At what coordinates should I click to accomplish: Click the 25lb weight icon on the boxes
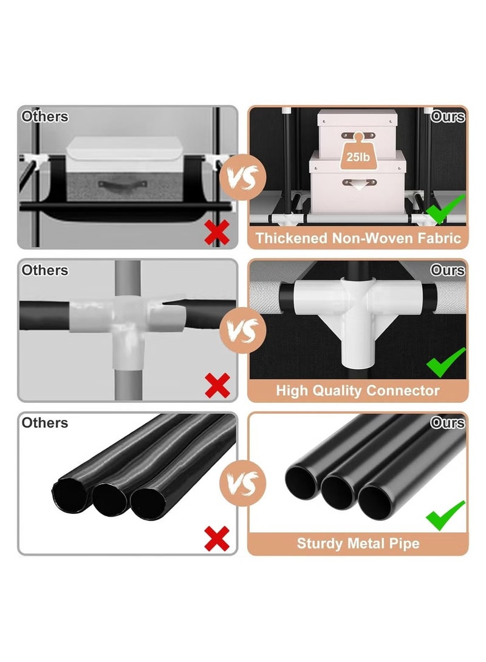[x=358, y=152]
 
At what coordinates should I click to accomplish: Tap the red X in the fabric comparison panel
[x=217, y=232]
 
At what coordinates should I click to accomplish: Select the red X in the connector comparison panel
[x=217, y=385]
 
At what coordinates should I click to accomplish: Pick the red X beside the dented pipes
[x=217, y=538]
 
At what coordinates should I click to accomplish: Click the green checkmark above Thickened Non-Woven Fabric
[x=445, y=209]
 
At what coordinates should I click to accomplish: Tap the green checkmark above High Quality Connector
[x=446, y=362]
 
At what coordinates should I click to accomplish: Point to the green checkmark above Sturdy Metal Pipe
[x=445, y=516]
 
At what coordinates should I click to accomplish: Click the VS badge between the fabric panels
[x=242, y=177]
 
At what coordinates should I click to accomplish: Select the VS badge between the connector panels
[x=242, y=331]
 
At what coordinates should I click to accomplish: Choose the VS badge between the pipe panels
[x=242, y=483]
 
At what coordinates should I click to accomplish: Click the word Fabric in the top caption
[x=439, y=238]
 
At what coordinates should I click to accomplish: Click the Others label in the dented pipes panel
[x=45, y=422]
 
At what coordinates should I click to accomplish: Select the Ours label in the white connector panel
[x=448, y=270]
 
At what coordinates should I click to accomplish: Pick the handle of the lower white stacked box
[x=359, y=183]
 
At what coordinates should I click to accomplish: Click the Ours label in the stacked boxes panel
[x=448, y=117]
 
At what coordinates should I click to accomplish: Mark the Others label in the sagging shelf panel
[x=45, y=117]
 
